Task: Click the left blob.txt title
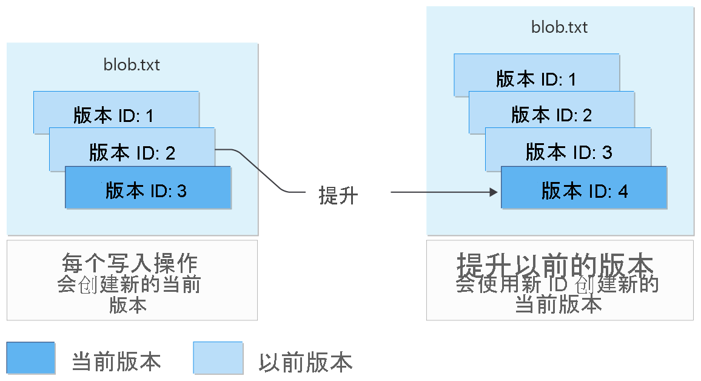pyautogui.click(x=132, y=64)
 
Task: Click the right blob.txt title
pyautogui.click(x=559, y=27)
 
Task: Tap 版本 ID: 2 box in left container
pyautogui.click(x=132, y=152)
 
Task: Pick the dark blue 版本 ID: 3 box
pyautogui.click(x=147, y=190)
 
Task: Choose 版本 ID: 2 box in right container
pyautogui.click(x=551, y=114)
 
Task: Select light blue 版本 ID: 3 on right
pyautogui.click(x=568, y=151)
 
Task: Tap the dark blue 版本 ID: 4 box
pyautogui.click(x=584, y=190)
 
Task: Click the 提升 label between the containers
pyautogui.click(x=338, y=195)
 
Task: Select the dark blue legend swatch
pyautogui.click(x=31, y=358)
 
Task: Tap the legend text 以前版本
pyautogui.click(x=305, y=362)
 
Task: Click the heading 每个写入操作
pyautogui.click(x=130, y=265)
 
